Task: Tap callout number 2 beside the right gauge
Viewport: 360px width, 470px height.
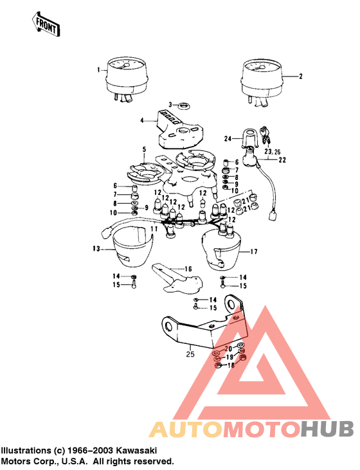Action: (x=300, y=75)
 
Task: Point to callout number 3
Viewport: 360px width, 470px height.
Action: (x=171, y=104)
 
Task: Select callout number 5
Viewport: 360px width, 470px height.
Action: (x=145, y=149)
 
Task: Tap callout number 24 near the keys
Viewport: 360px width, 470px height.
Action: (x=227, y=139)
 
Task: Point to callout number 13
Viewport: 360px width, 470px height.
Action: (x=96, y=248)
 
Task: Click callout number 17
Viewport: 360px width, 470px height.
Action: (x=253, y=251)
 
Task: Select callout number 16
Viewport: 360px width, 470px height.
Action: (x=189, y=269)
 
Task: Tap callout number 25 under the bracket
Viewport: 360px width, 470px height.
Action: (x=190, y=353)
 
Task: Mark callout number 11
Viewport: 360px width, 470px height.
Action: (x=154, y=229)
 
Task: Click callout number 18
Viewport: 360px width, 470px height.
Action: (x=231, y=365)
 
